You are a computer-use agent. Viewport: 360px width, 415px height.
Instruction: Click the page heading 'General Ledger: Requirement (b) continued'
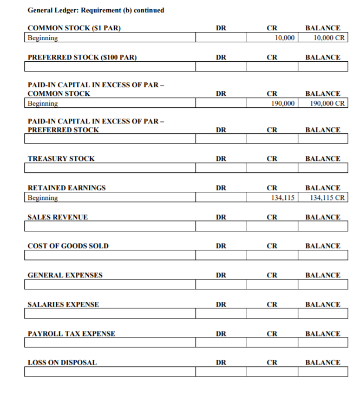pyautogui.click(x=96, y=10)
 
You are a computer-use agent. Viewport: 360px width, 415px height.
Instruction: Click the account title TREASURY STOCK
pyautogui.click(x=61, y=159)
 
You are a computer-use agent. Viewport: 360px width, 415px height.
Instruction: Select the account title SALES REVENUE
pyautogui.click(x=57, y=217)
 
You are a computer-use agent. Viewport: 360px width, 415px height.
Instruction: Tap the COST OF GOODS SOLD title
pyautogui.click(x=68, y=246)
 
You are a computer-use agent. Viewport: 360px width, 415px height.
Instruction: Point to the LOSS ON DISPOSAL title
pyautogui.click(x=62, y=362)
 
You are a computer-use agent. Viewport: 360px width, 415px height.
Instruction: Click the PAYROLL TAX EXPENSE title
pyautogui.click(x=71, y=334)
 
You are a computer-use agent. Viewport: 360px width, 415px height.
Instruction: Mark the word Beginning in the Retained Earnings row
pyautogui.click(x=43, y=198)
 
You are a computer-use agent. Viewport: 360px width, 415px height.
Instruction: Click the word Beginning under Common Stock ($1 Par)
pyautogui.click(x=43, y=38)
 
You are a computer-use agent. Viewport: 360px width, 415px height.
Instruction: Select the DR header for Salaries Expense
pyautogui.click(x=221, y=304)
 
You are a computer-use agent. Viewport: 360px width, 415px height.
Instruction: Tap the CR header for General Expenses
pyautogui.click(x=272, y=275)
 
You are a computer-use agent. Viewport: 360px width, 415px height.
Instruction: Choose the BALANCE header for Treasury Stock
pyautogui.click(x=323, y=159)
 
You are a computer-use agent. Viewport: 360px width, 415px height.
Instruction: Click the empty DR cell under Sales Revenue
pyautogui.click(x=221, y=226)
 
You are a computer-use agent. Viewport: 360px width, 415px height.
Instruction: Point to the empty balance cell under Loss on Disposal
pyautogui.click(x=323, y=372)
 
